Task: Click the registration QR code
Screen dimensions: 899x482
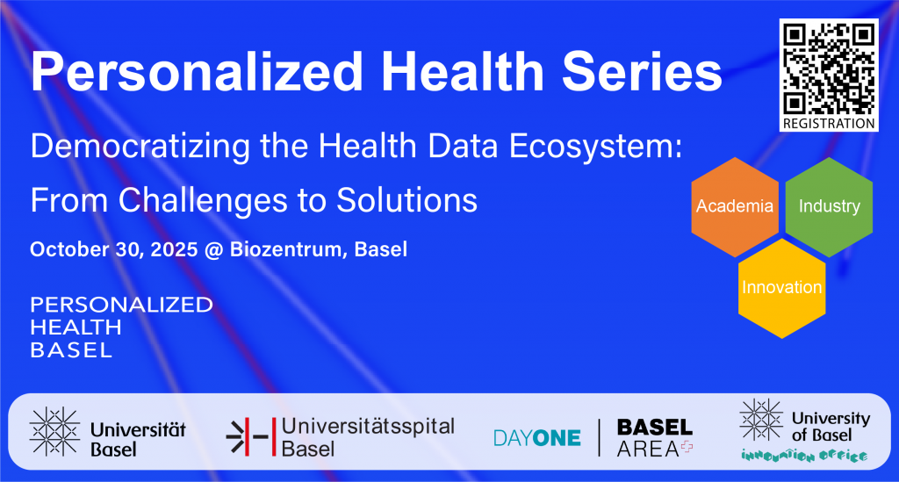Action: tap(829, 68)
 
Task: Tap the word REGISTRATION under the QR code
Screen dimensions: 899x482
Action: tap(829, 123)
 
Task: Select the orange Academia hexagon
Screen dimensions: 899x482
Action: tap(735, 207)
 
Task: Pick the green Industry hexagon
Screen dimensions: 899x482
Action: tap(829, 207)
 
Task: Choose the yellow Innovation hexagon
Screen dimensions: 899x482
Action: tap(782, 288)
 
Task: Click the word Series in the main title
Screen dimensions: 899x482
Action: tap(642, 72)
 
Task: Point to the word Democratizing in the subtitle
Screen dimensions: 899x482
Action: tap(140, 147)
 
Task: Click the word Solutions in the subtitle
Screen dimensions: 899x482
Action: tap(406, 200)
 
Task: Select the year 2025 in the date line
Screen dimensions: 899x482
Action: tap(175, 249)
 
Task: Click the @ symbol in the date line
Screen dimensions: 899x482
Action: tap(214, 250)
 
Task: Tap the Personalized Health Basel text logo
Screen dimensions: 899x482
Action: tap(121, 327)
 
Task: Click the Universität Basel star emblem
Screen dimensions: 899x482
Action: tap(54, 432)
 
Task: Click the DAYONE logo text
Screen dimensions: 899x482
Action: tap(536, 438)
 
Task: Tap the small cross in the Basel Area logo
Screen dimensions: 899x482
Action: tap(687, 447)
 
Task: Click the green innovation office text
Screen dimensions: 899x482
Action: tap(804, 456)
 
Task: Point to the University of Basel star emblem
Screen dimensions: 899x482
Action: tap(761, 420)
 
